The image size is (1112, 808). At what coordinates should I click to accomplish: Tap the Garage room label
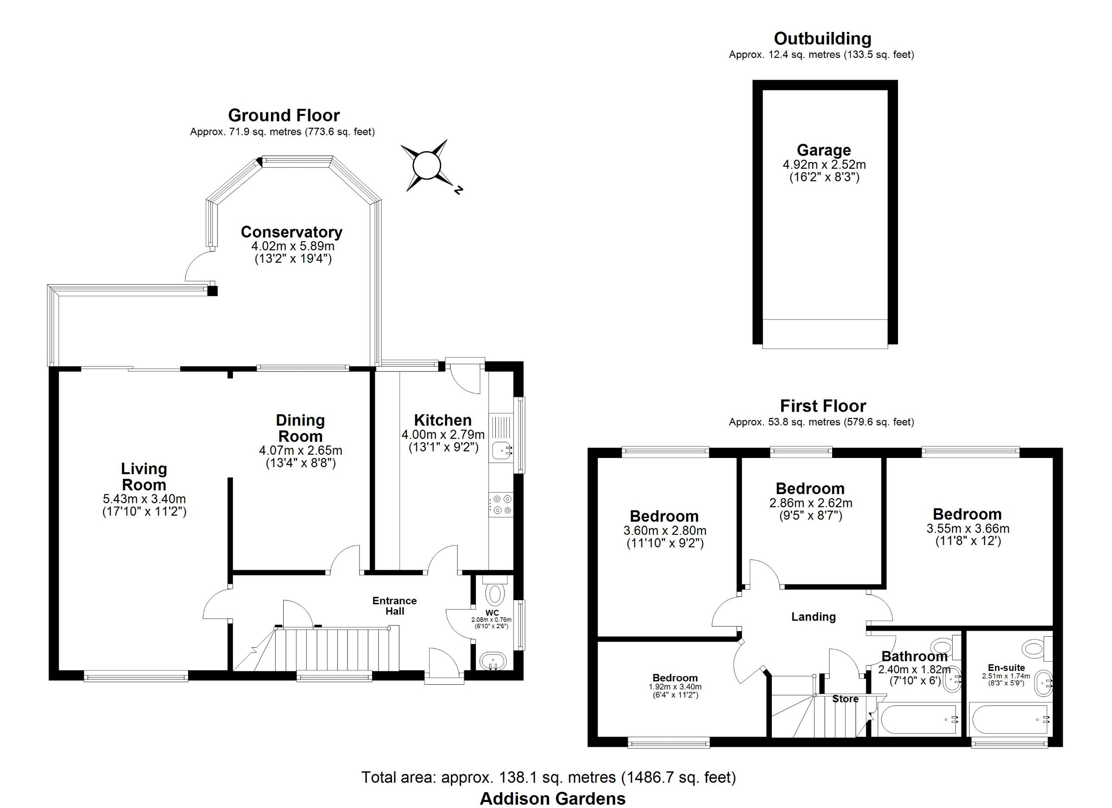click(824, 150)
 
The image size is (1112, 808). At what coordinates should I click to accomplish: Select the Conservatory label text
click(291, 232)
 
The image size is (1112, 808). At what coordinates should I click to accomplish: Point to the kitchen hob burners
click(501, 504)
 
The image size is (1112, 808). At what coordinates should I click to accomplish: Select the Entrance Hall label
click(395, 606)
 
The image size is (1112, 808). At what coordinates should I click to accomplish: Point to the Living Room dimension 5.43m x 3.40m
click(144, 499)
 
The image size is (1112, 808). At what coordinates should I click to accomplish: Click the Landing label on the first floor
click(814, 617)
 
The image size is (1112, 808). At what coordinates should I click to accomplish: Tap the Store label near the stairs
click(845, 699)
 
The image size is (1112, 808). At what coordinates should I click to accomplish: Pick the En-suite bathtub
click(1010, 720)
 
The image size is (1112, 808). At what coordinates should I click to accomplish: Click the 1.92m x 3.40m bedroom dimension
click(675, 687)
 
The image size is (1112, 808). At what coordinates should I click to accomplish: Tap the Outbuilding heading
click(823, 38)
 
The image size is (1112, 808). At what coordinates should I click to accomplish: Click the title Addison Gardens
click(553, 799)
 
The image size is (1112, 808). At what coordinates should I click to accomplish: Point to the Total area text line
click(549, 777)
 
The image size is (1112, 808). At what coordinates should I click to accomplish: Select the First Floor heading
click(823, 406)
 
